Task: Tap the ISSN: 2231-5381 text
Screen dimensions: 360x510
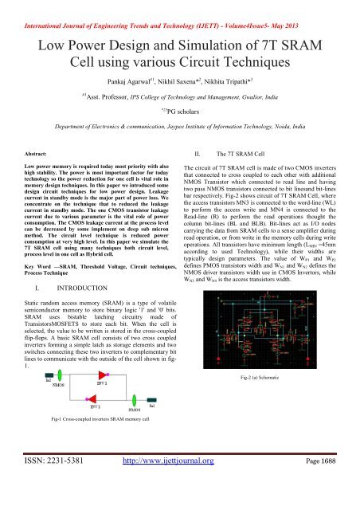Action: point(66,492)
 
